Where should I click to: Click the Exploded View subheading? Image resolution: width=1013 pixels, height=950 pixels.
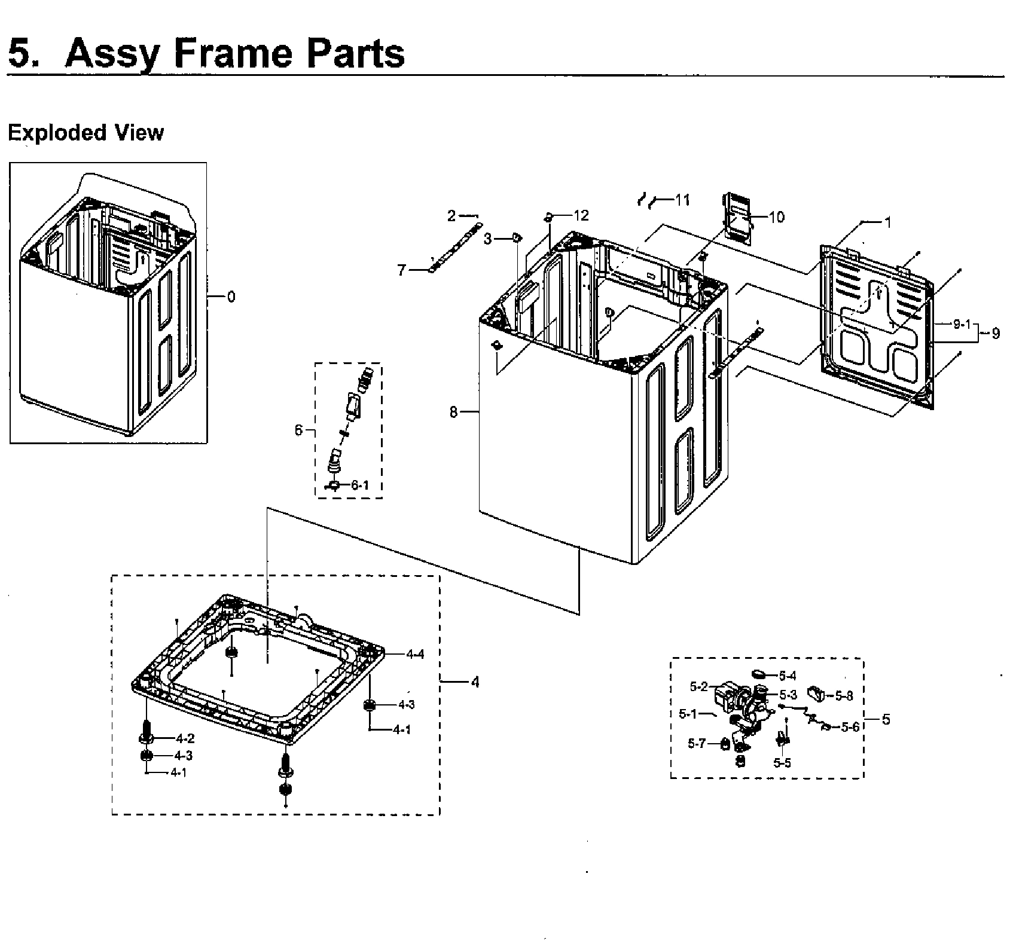tap(86, 132)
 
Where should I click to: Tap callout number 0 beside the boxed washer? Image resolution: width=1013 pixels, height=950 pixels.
tap(231, 297)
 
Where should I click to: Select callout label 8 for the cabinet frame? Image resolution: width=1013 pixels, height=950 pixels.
tap(454, 412)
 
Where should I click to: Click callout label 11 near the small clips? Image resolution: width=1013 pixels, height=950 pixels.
tap(682, 200)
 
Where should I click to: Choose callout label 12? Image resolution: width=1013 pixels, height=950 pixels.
tap(581, 215)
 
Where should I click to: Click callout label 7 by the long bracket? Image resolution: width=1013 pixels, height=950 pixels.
tap(402, 270)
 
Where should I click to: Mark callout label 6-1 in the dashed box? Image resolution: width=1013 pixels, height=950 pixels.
tap(359, 485)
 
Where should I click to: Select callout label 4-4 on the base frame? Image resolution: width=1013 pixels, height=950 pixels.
tap(415, 654)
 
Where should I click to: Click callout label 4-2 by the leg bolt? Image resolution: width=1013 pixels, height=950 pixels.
tap(185, 739)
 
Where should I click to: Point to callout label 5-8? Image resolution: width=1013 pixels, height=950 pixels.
tap(844, 695)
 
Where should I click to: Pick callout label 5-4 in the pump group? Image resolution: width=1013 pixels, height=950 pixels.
tap(788, 676)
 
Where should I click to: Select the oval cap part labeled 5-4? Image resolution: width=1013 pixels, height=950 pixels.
tap(759, 674)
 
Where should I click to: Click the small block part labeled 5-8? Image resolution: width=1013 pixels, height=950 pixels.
tap(816, 694)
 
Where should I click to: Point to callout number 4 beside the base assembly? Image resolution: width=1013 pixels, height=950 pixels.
tap(475, 682)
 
